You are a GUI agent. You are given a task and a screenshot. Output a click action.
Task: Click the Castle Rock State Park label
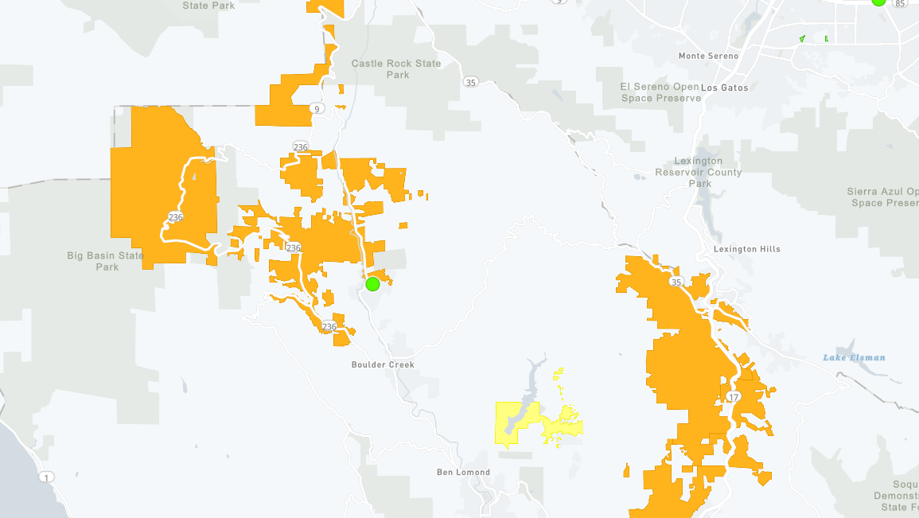(397, 69)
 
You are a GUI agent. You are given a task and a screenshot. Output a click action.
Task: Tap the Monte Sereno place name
(708, 56)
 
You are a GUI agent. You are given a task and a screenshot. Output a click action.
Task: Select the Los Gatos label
(724, 88)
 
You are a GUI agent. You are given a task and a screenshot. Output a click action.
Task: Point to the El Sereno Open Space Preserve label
(660, 92)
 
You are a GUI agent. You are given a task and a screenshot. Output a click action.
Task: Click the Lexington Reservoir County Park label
(699, 173)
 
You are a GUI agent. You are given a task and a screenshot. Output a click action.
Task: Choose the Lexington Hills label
(747, 249)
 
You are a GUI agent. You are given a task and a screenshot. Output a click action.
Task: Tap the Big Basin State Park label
(106, 261)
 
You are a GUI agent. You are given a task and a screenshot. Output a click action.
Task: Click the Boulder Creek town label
(383, 364)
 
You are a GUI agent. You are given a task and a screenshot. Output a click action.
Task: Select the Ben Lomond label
(463, 472)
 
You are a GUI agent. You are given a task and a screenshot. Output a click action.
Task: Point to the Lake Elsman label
(854, 357)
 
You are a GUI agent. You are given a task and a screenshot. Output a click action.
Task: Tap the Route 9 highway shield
(317, 109)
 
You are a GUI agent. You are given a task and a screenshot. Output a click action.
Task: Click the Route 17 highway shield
(732, 397)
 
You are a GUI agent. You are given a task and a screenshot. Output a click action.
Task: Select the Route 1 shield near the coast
(47, 477)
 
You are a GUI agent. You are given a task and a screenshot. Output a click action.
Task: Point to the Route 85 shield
(900, 4)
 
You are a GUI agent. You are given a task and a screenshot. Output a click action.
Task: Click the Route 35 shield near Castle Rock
(470, 82)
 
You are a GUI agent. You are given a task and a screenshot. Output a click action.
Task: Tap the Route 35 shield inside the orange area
(676, 282)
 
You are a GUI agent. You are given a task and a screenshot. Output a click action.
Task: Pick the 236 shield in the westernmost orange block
(176, 216)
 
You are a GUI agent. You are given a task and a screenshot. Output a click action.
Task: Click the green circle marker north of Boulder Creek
(372, 284)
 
